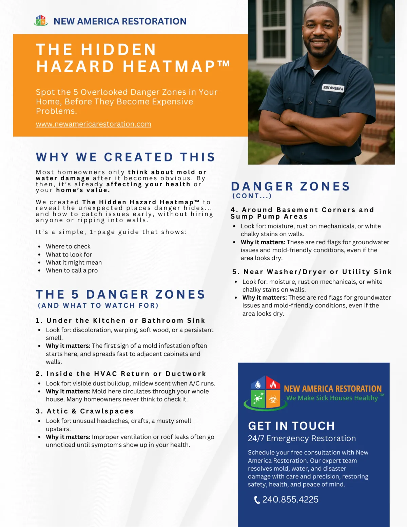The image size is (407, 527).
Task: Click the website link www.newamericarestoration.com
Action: (93, 124)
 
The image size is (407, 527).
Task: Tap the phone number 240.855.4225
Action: (290, 500)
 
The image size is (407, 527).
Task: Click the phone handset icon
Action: (257, 500)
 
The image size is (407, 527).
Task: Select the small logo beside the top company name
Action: (41, 21)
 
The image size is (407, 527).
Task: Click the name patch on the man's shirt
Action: (333, 88)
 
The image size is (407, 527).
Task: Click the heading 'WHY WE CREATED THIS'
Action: (125, 157)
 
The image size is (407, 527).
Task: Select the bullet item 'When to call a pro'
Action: (72, 270)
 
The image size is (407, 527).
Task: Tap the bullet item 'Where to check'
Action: (68, 246)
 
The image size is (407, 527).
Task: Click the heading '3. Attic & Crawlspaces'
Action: (85, 411)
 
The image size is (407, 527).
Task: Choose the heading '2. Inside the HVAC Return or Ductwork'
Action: (121, 374)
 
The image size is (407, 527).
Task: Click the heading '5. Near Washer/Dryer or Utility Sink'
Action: (312, 272)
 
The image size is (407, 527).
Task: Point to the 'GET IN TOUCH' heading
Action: (291, 426)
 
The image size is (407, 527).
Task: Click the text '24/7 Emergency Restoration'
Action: (302, 438)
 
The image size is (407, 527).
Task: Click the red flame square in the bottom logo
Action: (273, 384)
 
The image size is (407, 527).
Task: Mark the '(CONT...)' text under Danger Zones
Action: (252, 196)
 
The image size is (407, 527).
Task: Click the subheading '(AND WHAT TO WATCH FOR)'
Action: (98, 305)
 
